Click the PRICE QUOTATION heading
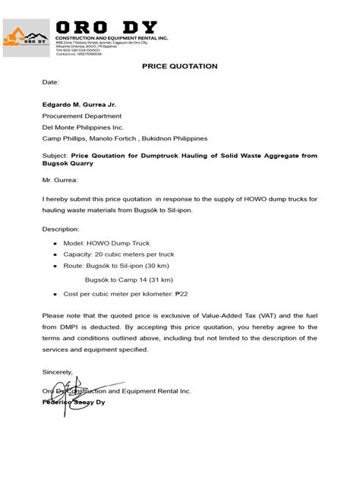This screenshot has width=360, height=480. [180, 67]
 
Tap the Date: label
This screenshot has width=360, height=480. [50, 82]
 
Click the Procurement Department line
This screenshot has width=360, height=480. [82, 115]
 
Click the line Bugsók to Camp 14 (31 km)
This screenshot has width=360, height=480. [125, 279]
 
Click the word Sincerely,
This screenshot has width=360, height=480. [58, 371]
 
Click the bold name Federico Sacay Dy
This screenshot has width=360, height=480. [74, 402]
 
